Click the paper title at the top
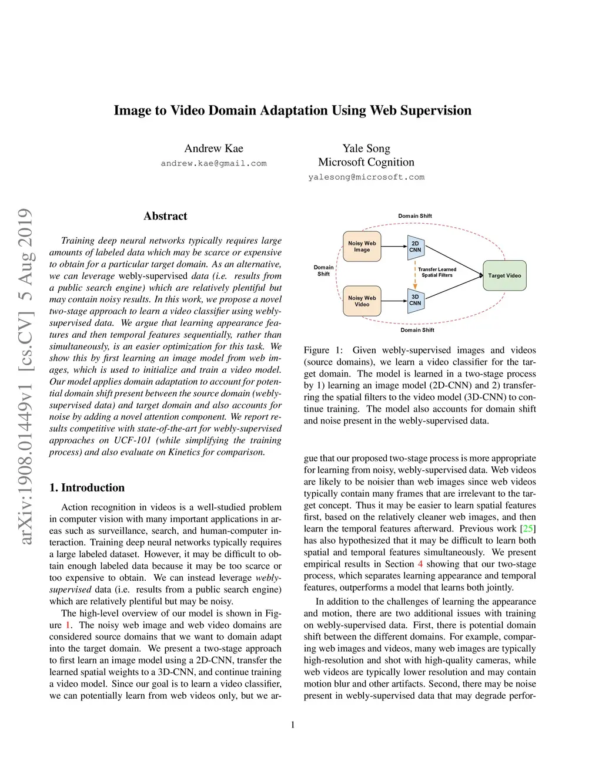(x=292, y=110)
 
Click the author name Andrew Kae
(x=213, y=149)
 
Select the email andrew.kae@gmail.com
(x=213, y=163)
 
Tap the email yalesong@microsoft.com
(x=366, y=177)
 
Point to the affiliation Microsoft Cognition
(x=366, y=162)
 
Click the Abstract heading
(x=165, y=216)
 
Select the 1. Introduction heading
(x=87, y=487)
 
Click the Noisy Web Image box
(x=362, y=247)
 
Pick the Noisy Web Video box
(x=362, y=301)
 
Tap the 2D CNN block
(x=415, y=247)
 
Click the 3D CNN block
(x=415, y=300)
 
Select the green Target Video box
(x=504, y=275)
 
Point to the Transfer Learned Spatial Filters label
(x=437, y=272)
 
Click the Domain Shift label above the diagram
(x=415, y=216)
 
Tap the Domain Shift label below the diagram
(x=417, y=330)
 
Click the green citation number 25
(x=529, y=528)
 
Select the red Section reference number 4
(x=420, y=564)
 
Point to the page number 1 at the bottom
(x=293, y=725)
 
